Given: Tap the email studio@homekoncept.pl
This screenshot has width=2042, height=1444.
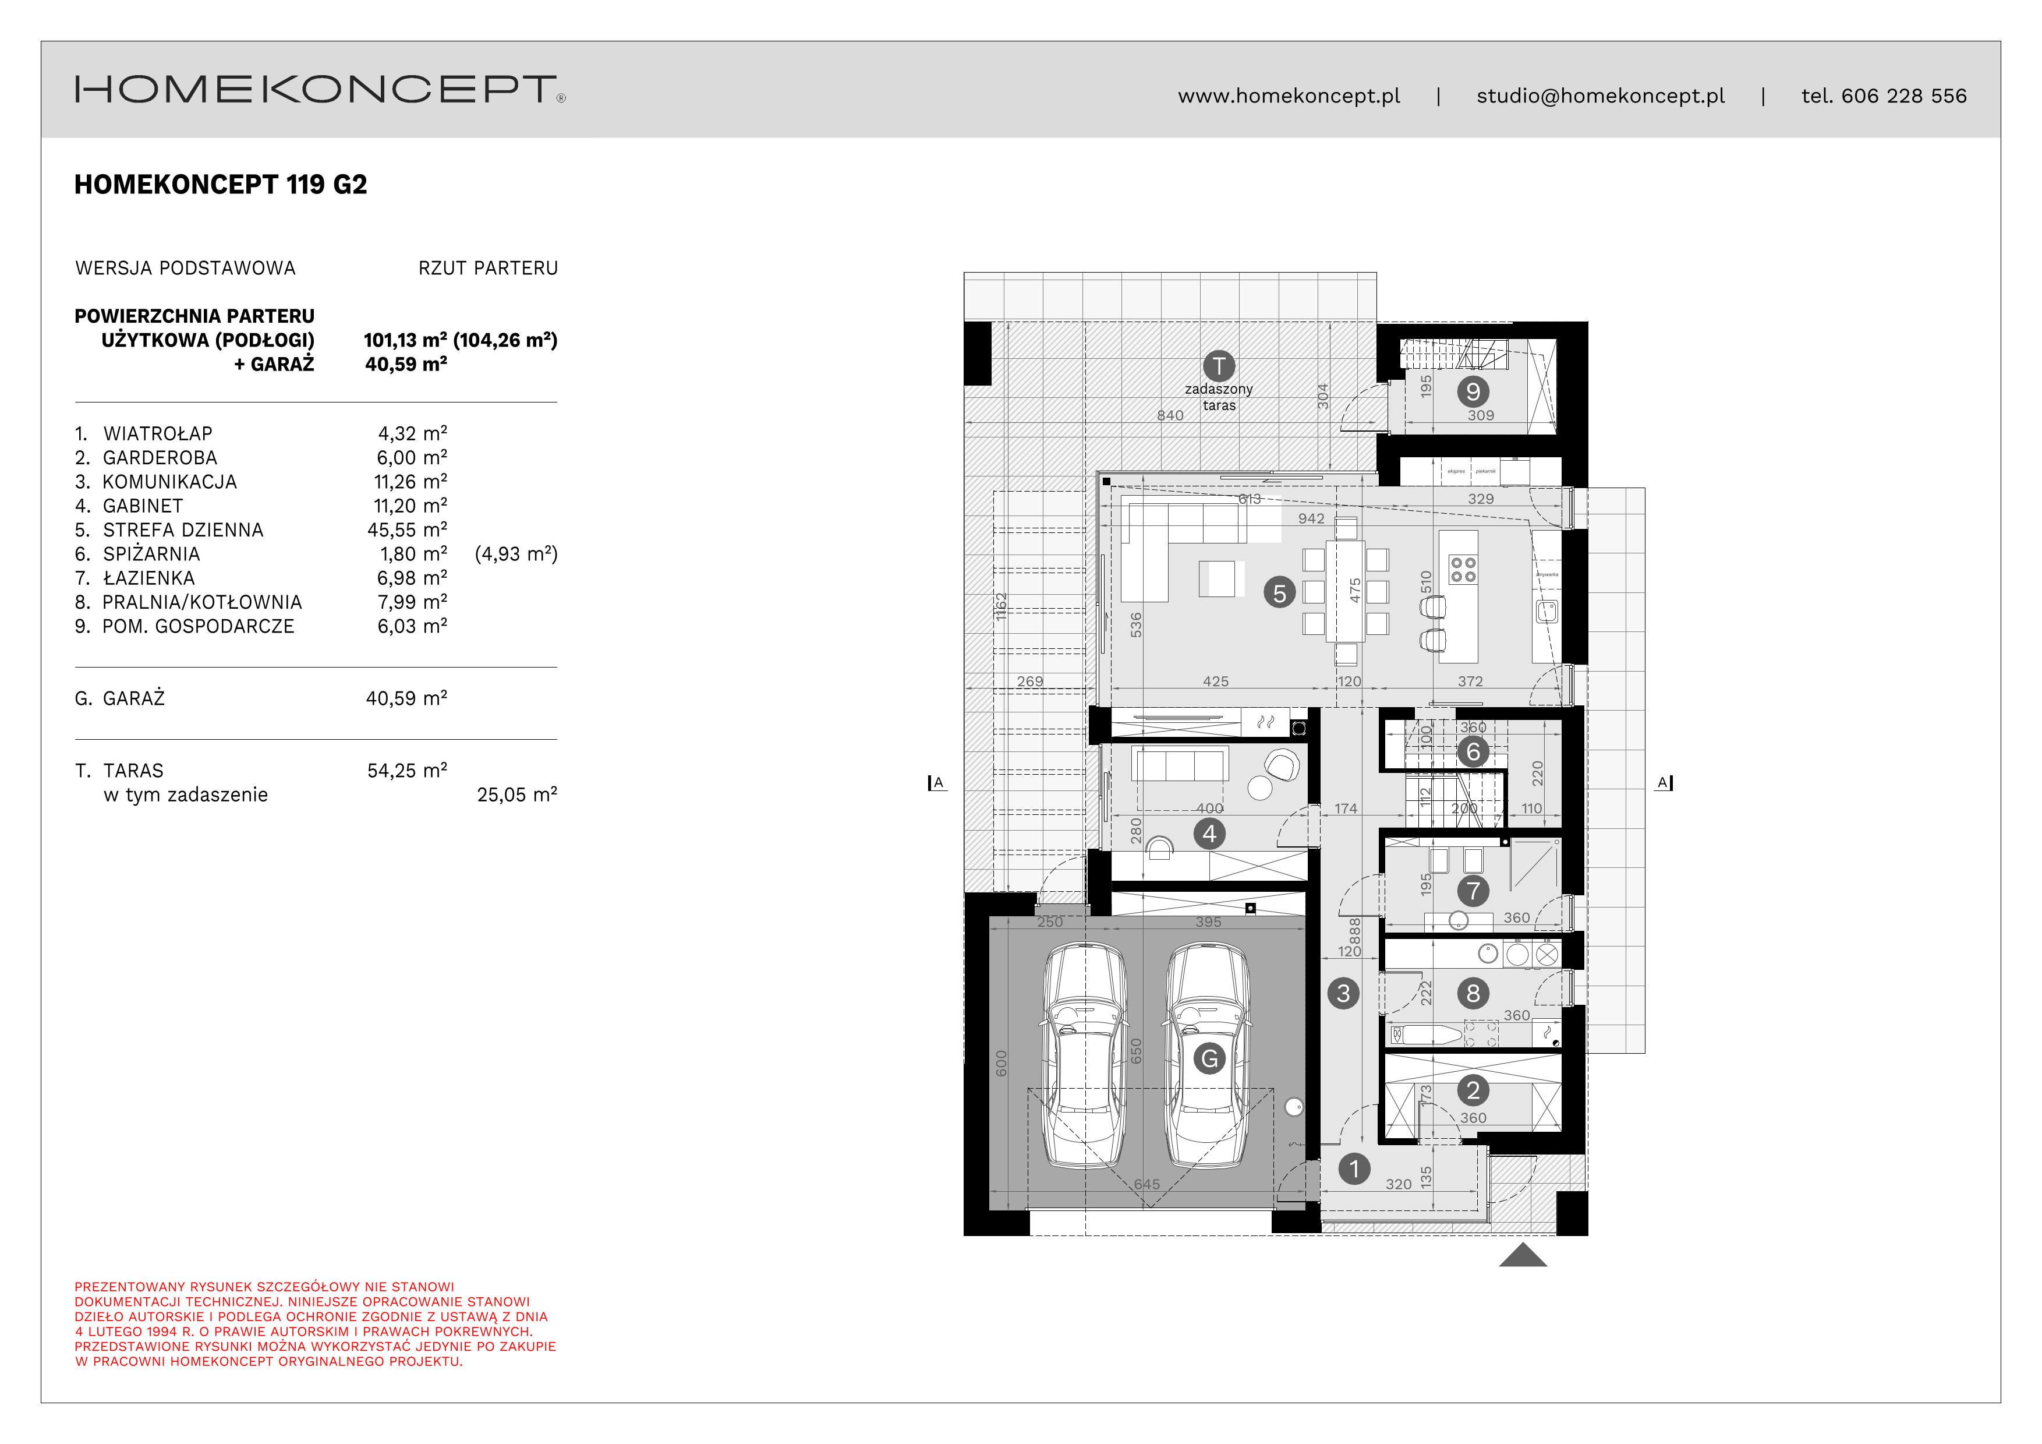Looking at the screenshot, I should point(1600,96).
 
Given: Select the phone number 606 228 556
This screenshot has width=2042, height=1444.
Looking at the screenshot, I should point(1903,96).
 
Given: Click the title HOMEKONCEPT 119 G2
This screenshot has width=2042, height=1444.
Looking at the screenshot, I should point(221,185).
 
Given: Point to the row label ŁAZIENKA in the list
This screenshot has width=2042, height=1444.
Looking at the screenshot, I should point(148,578).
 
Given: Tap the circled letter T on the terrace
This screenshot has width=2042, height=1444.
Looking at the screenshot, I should point(1219,366).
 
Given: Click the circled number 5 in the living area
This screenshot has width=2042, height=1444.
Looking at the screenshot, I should point(1279,594).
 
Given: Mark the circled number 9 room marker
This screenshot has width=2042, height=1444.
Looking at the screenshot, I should point(1473,391).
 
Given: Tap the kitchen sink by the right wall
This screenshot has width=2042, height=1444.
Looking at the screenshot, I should point(1548,611).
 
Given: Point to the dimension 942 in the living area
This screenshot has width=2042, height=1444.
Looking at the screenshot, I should point(1311,518).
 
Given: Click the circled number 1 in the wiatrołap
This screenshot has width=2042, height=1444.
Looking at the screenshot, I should point(1354,1169).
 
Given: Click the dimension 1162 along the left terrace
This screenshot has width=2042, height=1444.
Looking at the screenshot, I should point(1000,606).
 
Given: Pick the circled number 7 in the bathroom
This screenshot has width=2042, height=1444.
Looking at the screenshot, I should point(1473,891).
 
